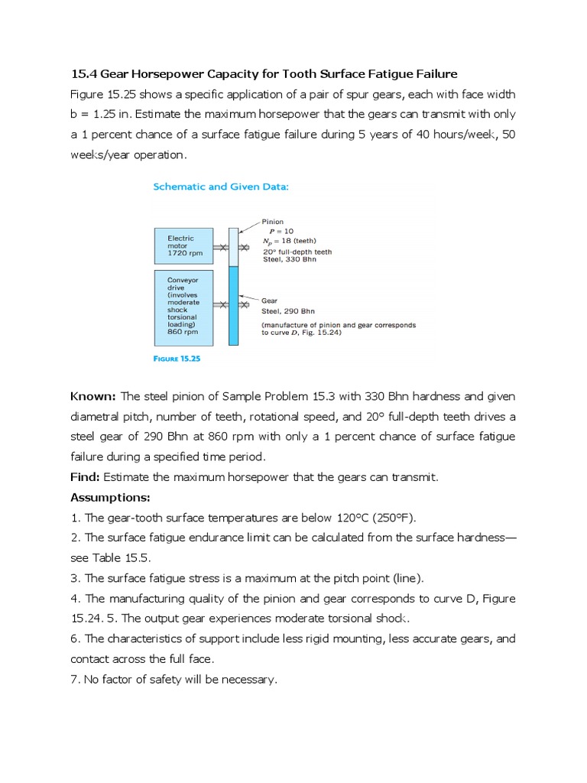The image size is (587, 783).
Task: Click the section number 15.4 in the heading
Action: pos(82,73)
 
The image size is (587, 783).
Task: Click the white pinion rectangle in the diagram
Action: pos(233,245)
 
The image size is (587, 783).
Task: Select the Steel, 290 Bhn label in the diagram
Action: pos(288,311)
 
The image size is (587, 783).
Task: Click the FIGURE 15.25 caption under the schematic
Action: pos(177,358)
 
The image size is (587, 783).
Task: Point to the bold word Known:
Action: pos(93,396)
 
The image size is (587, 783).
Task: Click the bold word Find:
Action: pos(85,476)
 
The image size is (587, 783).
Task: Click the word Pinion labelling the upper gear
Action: pos(272,222)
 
